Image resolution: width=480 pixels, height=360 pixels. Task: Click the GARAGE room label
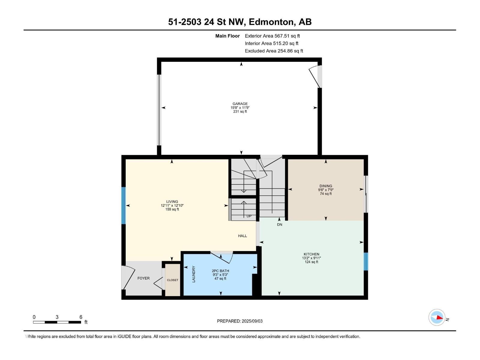click(x=240, y=104)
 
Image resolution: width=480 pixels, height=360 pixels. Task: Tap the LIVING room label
click(x=172, y=202)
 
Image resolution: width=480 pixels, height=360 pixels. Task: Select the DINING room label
click(x=325, y=186)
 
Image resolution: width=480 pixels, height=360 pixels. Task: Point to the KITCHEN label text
click(x=311, y=254)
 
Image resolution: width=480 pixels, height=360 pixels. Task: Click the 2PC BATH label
click(x=220, y=271)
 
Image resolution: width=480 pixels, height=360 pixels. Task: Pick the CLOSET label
click(x=172, y=280)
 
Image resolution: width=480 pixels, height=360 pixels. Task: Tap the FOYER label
click(x=143, y=278)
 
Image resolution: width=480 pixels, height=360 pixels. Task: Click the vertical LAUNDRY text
click(x=194, y=274)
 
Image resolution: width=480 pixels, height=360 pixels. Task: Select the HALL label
click(x=242, y=236)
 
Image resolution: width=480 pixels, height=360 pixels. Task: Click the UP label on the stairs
click(x=249, y=216)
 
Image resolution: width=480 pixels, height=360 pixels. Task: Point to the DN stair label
click(x=280, y=225)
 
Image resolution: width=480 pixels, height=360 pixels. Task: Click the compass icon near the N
click(x=437, y=317)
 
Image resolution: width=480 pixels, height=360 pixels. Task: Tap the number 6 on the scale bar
click(x=81, y=317)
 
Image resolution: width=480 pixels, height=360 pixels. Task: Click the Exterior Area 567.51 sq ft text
click(x=272, y=36)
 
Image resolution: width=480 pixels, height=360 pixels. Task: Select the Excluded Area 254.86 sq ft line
click(x=274, y=51)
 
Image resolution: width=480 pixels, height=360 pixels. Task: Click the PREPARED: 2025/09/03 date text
click(x=240, y=321)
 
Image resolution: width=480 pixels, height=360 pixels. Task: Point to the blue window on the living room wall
click(x=123, y=205)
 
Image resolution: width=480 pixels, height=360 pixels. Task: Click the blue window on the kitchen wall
click(x=366, y=261)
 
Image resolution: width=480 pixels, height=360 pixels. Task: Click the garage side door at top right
click(x=316, y=77)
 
